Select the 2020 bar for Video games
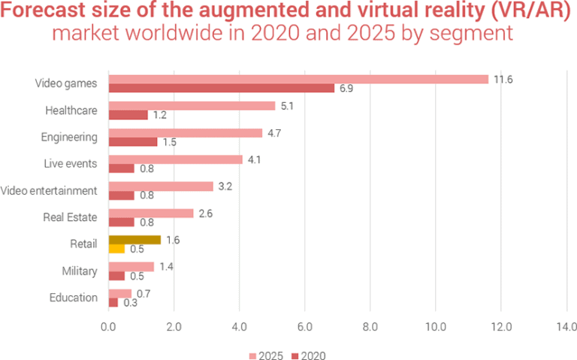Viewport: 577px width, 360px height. (x=221, y=89)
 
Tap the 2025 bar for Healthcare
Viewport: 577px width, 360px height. (x=192, y=106)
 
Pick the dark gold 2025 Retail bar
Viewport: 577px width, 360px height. (x=134, y=240)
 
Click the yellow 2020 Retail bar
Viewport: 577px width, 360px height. (x=116, y=249)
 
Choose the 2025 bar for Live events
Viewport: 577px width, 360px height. (x=175, y=159)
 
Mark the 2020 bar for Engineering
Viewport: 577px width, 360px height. (x=133, y=142)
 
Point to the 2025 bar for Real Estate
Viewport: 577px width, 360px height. (x=151, y=213)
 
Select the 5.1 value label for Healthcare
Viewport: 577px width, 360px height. (x=286, y=106)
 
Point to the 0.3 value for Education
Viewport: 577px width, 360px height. (x=130, y=303)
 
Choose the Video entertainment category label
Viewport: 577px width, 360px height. (x=50, y=190)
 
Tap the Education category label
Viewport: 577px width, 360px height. (x=74, y=298)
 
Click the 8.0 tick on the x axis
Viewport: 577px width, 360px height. (x=370, y=327)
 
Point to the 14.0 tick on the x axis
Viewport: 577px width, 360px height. (x=566, y=327)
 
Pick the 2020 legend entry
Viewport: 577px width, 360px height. (x=309, y=355)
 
